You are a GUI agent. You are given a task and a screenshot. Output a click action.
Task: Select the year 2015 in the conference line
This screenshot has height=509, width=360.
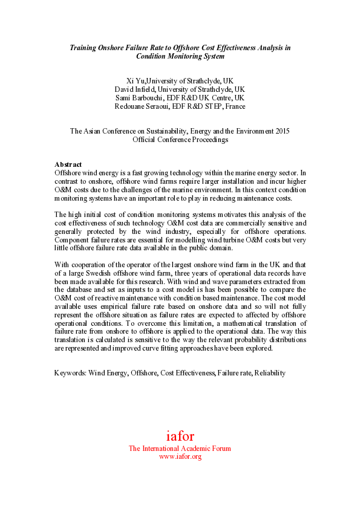280,131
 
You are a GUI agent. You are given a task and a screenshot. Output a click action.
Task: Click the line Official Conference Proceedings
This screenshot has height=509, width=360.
180,139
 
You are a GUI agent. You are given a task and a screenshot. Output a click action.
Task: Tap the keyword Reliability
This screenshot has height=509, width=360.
269,374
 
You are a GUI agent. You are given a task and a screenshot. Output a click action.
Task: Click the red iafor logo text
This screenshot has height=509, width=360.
180,436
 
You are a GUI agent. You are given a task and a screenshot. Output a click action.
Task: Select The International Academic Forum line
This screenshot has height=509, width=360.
180,449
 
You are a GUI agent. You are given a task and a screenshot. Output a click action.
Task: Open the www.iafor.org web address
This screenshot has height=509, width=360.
180,457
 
